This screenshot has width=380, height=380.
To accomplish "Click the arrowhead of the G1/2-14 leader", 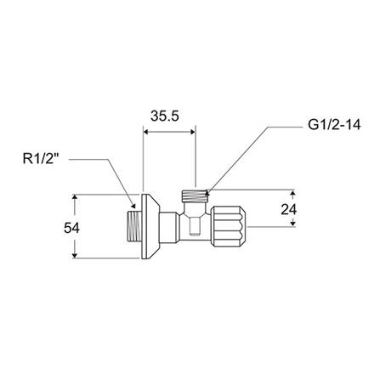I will (x=207, y=184).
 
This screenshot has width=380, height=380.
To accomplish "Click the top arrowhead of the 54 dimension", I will (x=77, y=198).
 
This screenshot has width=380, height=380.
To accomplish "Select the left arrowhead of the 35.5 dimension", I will (x=145, y=131).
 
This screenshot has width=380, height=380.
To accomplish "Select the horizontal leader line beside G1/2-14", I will (x=281, y=128).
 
